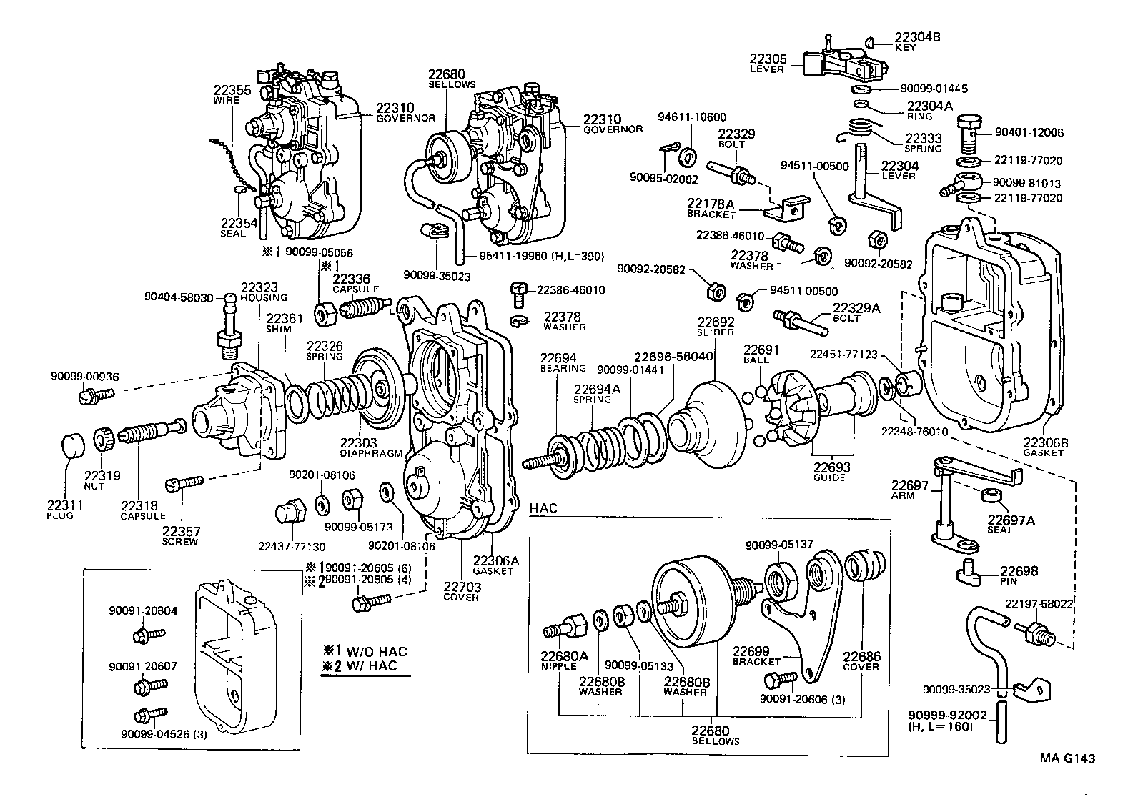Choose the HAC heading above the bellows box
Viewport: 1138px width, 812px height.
(544, 508)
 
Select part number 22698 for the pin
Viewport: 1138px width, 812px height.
(1018, 571)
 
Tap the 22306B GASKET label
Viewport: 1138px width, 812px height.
(1045, 446)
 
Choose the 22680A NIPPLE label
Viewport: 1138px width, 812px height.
(564, 659)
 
